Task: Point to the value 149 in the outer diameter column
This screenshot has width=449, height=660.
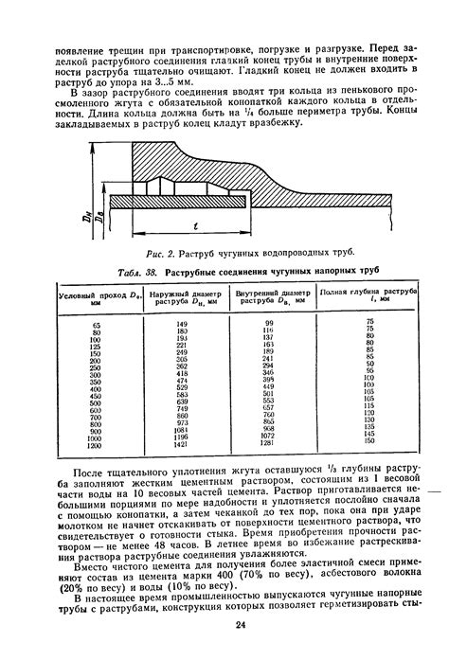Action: (x=182, y=324)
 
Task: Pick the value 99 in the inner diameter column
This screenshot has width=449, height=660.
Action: (x=268, y=324)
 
